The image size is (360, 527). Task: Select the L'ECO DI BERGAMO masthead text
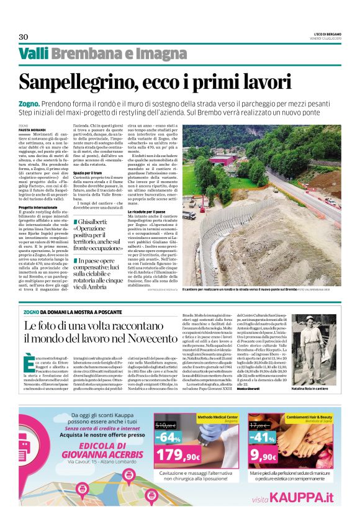(x=322, y=33)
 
